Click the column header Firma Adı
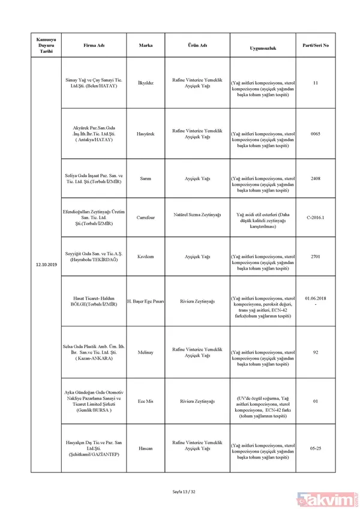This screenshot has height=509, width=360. tap(92, 45)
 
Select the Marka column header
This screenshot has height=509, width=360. tap(145, 45)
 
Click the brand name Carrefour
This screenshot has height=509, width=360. tap(145, 217)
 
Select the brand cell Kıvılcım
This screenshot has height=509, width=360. tap(145, 256)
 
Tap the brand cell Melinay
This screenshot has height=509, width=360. tap(145, 352)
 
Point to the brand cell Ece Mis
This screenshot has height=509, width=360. tap(145, 400)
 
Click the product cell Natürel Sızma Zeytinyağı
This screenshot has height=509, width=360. tap(197, 214)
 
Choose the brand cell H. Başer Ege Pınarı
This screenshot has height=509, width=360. tap(145, 301)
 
